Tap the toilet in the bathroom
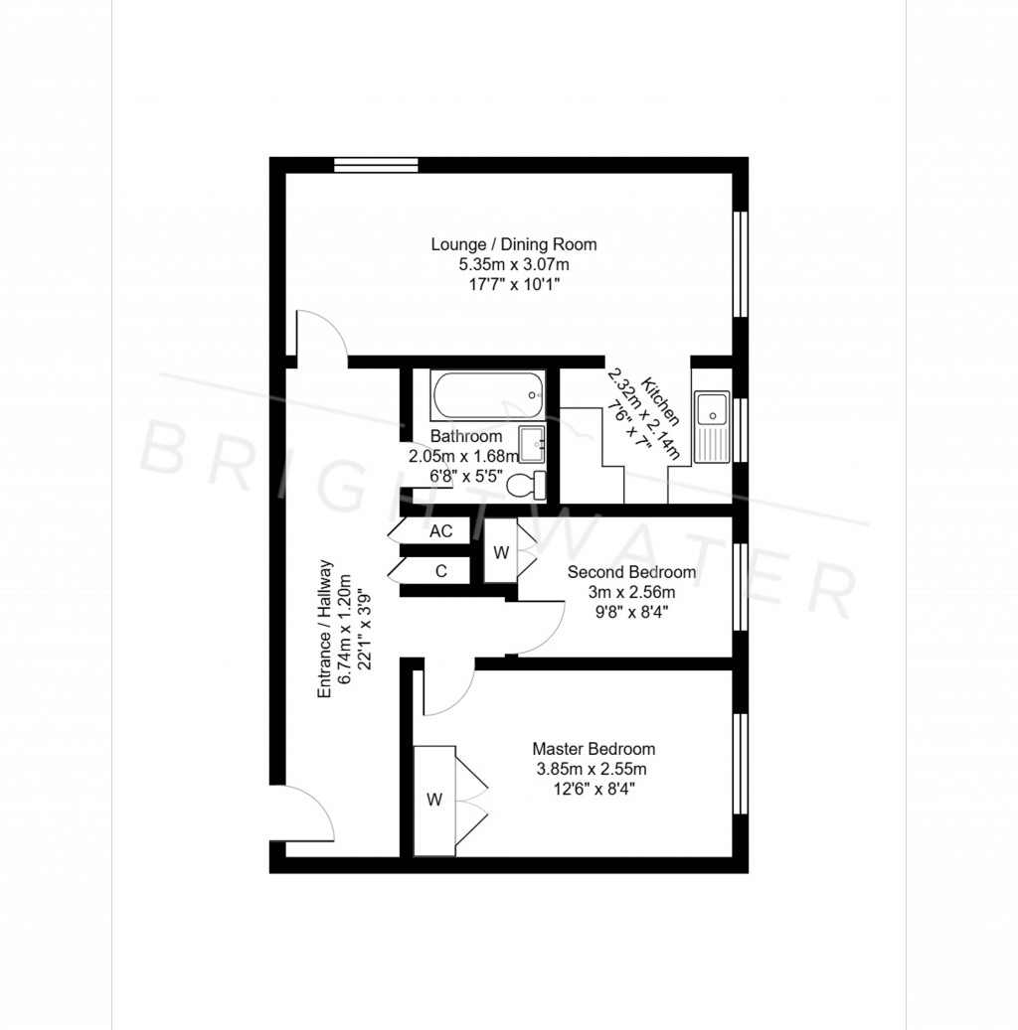point(526,485)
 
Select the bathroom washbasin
point(532,444)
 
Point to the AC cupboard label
point(440,531)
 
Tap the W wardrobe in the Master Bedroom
point(434,800)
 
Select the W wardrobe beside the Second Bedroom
point(501,552)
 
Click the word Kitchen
point(661,401)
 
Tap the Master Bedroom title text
point(594,749)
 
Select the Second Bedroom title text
point(631,572)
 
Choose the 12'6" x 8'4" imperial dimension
point(594,790)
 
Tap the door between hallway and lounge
point(320,336)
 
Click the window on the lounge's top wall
point(376,165)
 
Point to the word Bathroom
point(466,437)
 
